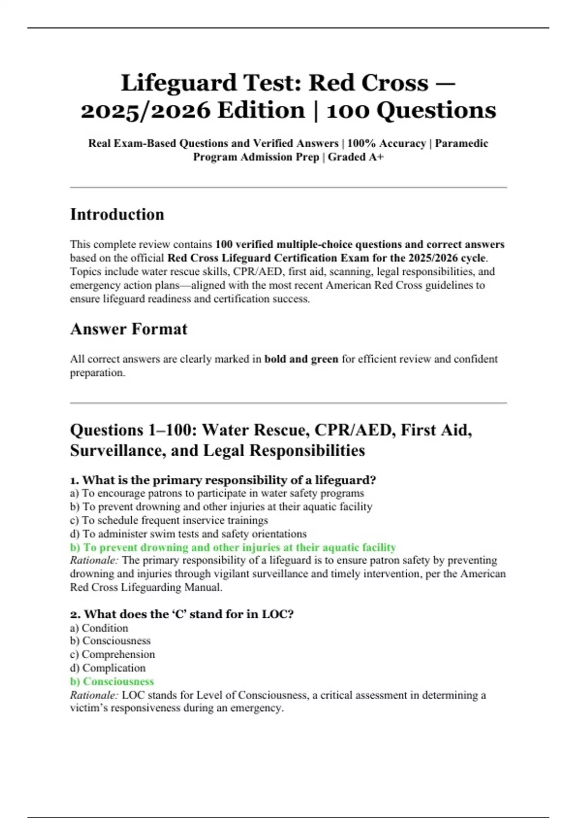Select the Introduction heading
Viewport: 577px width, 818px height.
coord(117,214)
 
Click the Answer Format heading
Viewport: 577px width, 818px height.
coord(128,329)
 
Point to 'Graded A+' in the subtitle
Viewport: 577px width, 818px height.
coord(355,157)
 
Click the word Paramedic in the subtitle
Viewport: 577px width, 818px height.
coord(461,143)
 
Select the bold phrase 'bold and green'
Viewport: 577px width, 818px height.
coord(301,359)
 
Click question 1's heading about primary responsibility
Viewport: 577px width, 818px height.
coord(223,480)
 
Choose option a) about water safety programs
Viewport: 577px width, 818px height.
coord(217,493)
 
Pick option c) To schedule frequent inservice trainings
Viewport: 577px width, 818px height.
coord(169,520)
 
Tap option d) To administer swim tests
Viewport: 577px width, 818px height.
coord(188,534)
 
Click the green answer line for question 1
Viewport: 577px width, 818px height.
coord(233,547)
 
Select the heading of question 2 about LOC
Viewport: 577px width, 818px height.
coord(181,614)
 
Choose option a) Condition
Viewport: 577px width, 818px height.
coord(99,628)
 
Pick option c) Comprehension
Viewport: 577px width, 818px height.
coord(113,654)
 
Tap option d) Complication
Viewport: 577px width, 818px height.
coord(108,668)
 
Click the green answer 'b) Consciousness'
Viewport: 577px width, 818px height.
coord(112,681)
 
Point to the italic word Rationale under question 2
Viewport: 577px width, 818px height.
coord(94,695)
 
